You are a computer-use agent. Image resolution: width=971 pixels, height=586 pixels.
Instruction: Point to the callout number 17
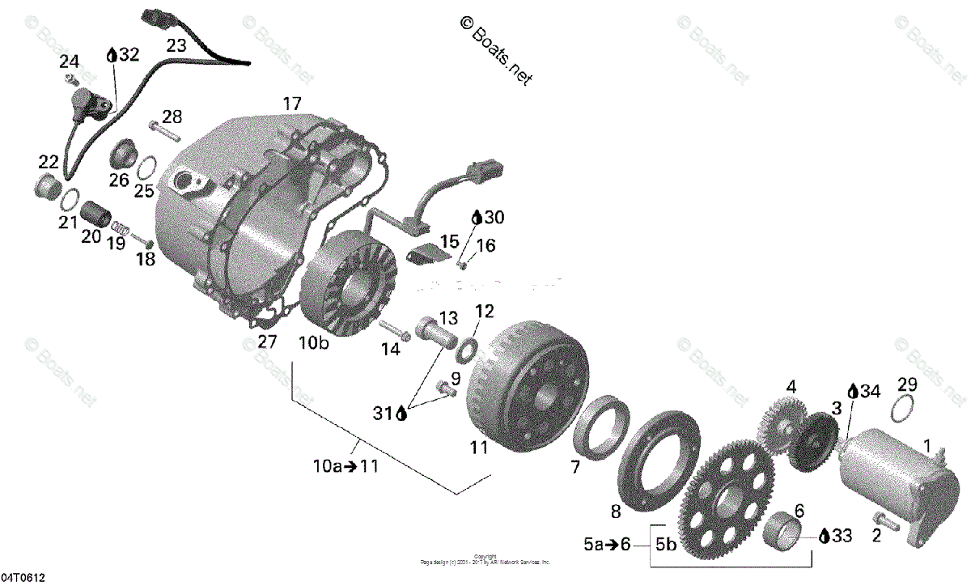(x=291, y=104)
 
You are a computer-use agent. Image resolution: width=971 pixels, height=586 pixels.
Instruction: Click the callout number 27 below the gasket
(x=267, y=342)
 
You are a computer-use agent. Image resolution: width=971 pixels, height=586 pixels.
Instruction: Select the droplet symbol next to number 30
(x=477, y=218)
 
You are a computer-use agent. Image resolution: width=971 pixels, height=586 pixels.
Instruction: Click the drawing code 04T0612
(x=23, y=578)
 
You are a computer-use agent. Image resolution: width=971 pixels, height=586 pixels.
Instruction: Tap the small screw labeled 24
(x=71, y=79)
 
